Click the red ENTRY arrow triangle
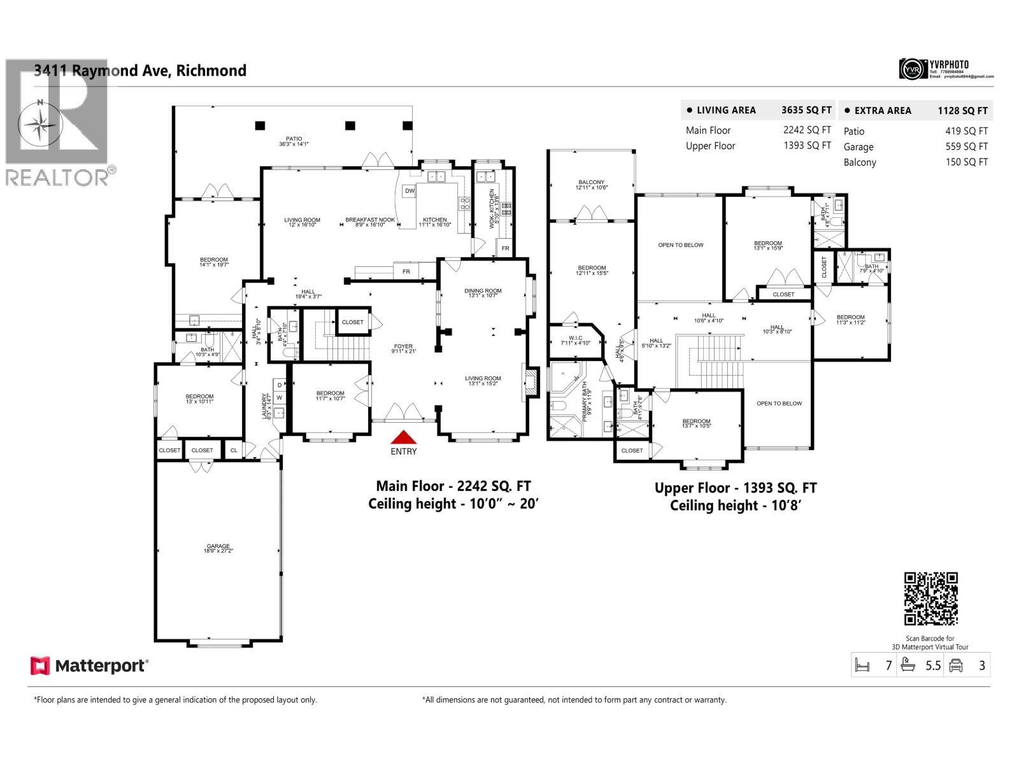[403, 437]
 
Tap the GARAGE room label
[218, 546]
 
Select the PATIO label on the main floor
[294, 139]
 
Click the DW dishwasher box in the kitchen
[410, 190]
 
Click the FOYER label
[403, 346]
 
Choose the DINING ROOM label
[483, 291]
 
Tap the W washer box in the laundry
[279, 398]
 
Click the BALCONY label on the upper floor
[592, 182]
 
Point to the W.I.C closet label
[575, 338]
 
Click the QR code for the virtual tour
[930, 598]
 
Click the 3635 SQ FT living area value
[806, 110]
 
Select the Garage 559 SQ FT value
[966, 146]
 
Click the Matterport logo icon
[40, 666]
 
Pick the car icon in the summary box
[955, 665]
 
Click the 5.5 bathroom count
[933, 665]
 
